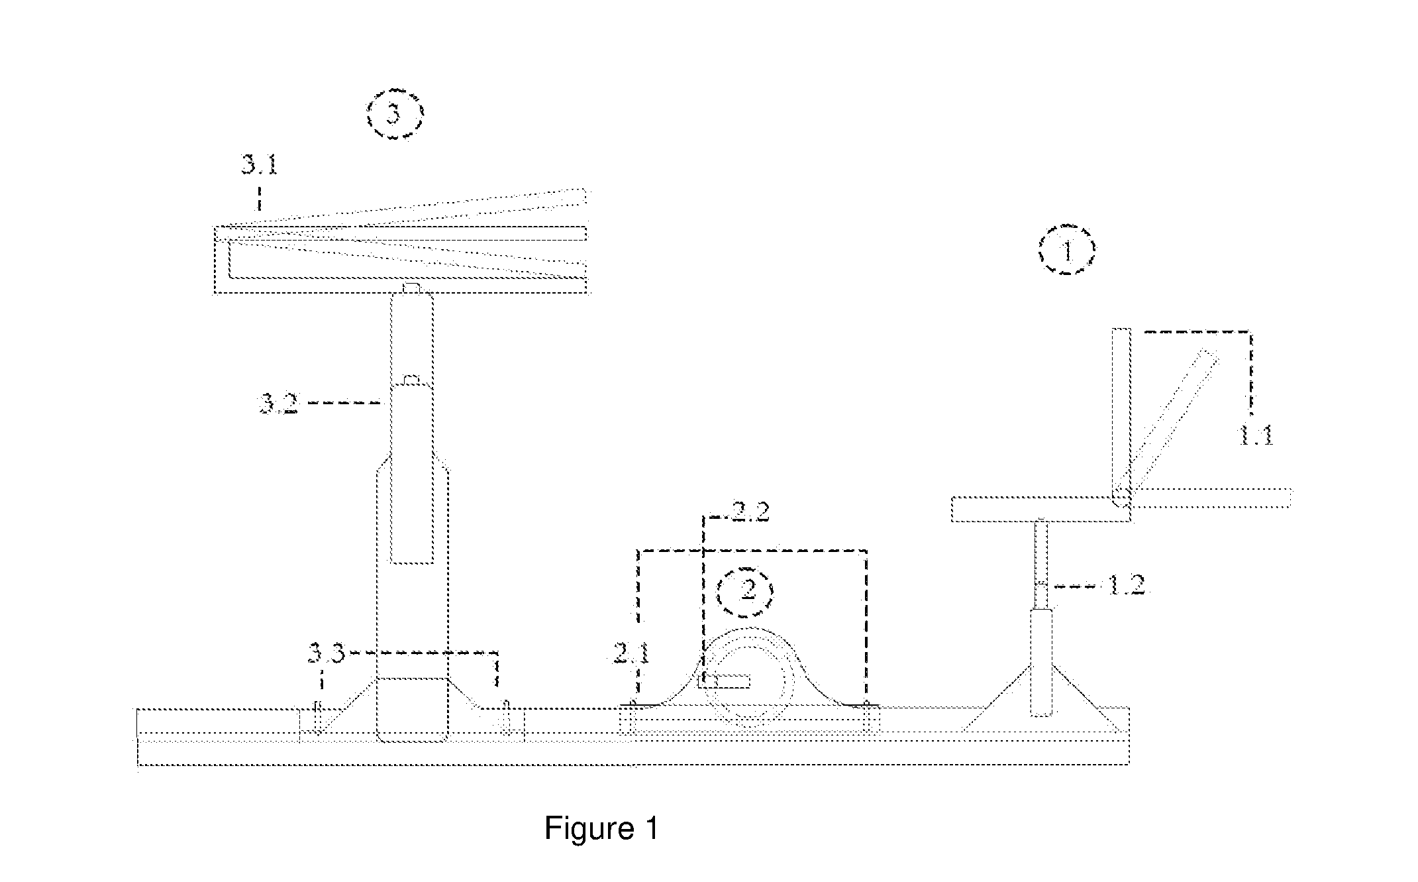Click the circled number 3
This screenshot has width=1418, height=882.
pos(395,114)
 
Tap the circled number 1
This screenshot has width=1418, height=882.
pos(1066,250)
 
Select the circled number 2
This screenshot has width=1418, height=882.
pos(747,589)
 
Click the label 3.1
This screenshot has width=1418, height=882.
pos(259,165)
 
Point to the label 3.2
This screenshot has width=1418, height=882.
pos(279,404)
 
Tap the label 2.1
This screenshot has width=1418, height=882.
pos(627,654)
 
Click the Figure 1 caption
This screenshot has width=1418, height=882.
pos(601,828)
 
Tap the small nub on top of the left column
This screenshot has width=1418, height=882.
pos(411,287)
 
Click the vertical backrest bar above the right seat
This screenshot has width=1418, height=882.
pos(1121,417)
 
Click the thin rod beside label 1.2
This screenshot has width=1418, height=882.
pos(1042,563)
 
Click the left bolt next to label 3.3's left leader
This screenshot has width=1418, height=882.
pos(319,717)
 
